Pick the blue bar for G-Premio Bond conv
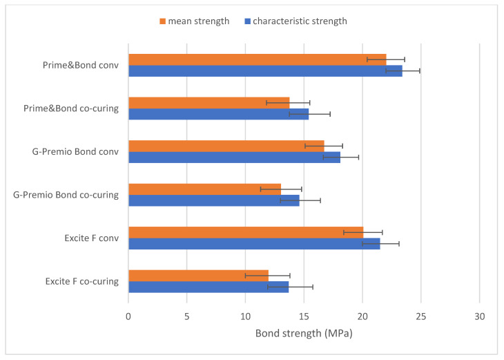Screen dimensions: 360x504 point(234,157)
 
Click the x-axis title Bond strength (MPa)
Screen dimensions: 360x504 point(304,333)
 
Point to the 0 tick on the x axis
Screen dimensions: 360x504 point(128,316)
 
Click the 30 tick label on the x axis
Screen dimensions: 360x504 point(480,316)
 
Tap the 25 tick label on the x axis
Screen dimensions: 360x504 point(421,316)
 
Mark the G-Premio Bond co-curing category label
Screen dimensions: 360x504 point(66,195)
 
